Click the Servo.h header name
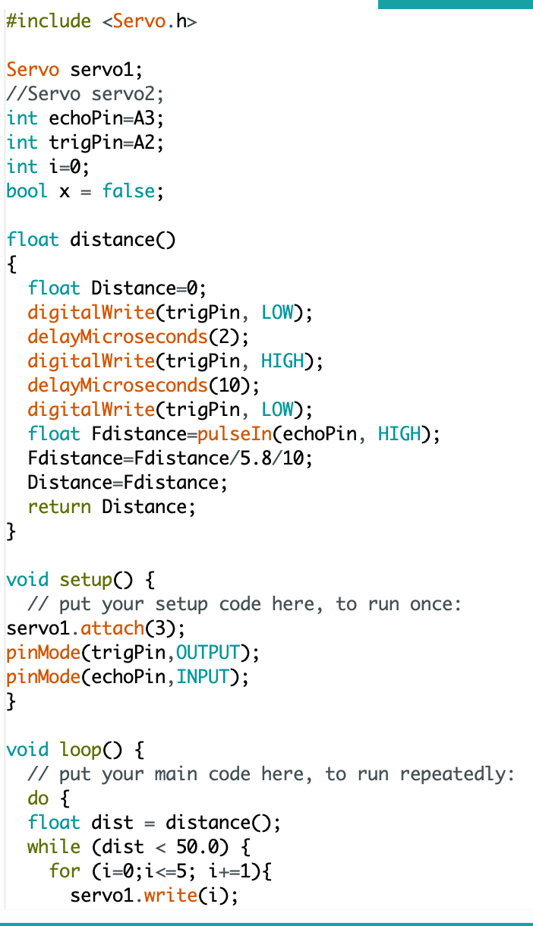(x=150, y=22)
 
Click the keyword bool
(x=27, y=191)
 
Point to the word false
(x=129, y=191)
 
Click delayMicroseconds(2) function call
(x=137, y=336)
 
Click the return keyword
(x=59, y=506)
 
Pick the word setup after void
(x=86, y=581)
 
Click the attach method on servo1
(x=112, y=629)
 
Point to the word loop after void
(x=80, y=751)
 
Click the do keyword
(x=37, y=798)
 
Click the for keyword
(x=64, y=871)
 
